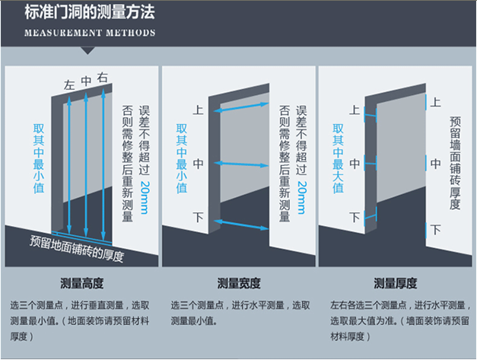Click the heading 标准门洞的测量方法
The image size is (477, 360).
(90, 12)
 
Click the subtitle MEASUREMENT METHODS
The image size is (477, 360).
(90, 33)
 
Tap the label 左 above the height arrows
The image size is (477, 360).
(69, 85)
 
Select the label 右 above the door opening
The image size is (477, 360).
(103, 78)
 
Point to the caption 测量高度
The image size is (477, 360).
(82, 283)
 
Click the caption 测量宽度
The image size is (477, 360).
(239, 283)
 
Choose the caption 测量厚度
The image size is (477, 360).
(395, 283)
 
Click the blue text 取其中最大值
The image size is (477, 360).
(338, 158)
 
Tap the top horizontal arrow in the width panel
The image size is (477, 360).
(241, 107)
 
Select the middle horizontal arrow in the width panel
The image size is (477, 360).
(241, 164)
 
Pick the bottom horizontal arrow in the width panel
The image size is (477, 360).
(241, 225)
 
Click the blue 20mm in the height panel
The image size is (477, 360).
(145, 197)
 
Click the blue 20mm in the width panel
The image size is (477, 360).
(301, 197)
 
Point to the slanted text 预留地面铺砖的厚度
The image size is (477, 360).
(77, 248)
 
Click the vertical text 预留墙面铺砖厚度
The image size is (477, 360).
(455, 163)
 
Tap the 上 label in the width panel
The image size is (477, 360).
(198, 110)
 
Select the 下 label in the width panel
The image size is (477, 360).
(198, 217)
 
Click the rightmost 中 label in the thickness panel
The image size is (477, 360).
(436, 164)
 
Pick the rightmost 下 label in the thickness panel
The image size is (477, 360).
(436, 229)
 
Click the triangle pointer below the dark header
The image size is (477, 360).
(87, 50)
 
